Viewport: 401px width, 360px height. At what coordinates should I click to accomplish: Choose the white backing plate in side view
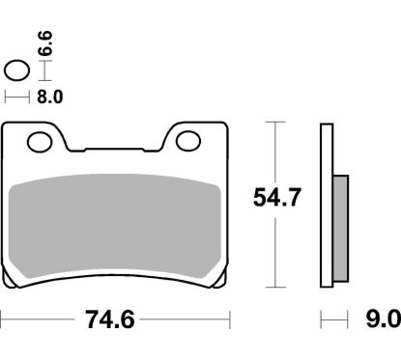pyautogui.click(x=326, y=204)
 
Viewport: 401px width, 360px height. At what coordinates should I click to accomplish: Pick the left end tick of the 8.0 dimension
pyautogui.click(x=6, y=97)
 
